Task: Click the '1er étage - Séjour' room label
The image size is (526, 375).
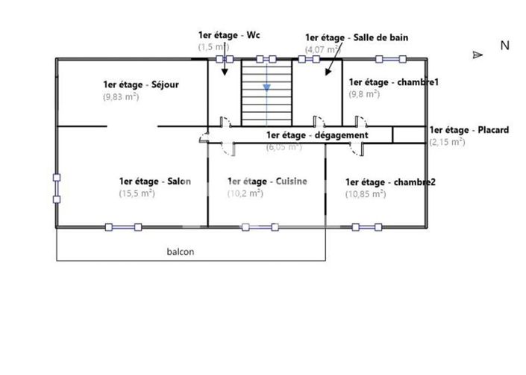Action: [x=141, y=84]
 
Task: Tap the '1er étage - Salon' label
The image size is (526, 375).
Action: [x=154, y=182]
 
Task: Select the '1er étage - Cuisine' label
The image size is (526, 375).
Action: [x=267, y=182]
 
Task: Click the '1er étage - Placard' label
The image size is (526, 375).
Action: [x=469, y=130]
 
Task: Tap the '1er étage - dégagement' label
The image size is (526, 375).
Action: [x=317, y=135]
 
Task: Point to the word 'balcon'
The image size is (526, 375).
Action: [x=180, y=252]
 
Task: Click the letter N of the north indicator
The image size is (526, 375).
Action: [x=504, y=46]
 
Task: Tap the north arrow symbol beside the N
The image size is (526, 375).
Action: [x=478, y=55]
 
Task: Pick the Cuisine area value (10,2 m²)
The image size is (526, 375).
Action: [x=245, y=193]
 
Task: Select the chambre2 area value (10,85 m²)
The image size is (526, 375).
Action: [x=366, y=193]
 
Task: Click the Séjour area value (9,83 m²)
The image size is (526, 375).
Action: [x=121, y=96]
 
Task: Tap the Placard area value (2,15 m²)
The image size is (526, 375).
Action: [x=447, y=142]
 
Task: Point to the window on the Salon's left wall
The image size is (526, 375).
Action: [x=57, y=187]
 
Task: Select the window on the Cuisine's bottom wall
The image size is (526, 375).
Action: [x=258, y=226]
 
